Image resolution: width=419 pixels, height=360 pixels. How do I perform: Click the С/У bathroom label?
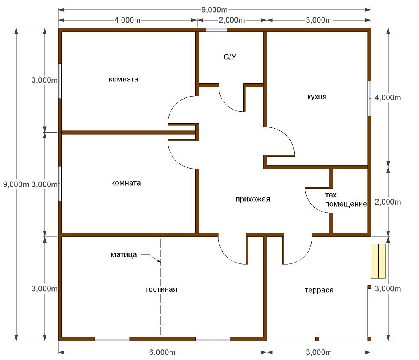[x=230, y=57]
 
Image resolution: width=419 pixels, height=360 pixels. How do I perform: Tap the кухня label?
[x=317, y=97]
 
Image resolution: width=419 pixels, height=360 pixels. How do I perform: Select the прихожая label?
[x=253, y=199]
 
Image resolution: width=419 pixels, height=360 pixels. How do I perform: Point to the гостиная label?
[x=162, y=289]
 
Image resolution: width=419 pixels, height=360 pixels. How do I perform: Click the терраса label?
[x=319, y=290]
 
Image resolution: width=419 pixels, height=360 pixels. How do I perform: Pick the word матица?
[x=124, y=255]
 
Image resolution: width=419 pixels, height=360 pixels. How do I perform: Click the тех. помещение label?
[x=346, y=200]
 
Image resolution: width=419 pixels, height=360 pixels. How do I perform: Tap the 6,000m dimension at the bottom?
[x=162, y=352]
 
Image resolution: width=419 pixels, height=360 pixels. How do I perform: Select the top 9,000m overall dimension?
[x=214, y=10]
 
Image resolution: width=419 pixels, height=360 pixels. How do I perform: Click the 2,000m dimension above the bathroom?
[x=232, y=20]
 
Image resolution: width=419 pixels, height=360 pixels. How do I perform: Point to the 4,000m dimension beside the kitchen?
[x=388, y=98]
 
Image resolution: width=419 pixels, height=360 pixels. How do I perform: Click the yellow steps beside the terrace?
[x=378, y=261]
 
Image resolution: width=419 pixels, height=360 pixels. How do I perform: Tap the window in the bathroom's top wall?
[x=216, y=30]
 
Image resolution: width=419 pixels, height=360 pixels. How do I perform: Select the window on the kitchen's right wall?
[x=369, y=99]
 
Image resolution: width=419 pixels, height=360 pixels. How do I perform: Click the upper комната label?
[x=124, y=80]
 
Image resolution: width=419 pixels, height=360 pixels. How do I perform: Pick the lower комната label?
[x=126, y=183]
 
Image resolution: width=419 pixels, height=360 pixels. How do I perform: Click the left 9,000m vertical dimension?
[x=16, y=184]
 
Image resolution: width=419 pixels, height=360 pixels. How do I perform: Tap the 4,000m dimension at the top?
[x=128, y=20]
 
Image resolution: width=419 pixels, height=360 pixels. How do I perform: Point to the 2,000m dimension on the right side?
[x=388, y=202]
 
